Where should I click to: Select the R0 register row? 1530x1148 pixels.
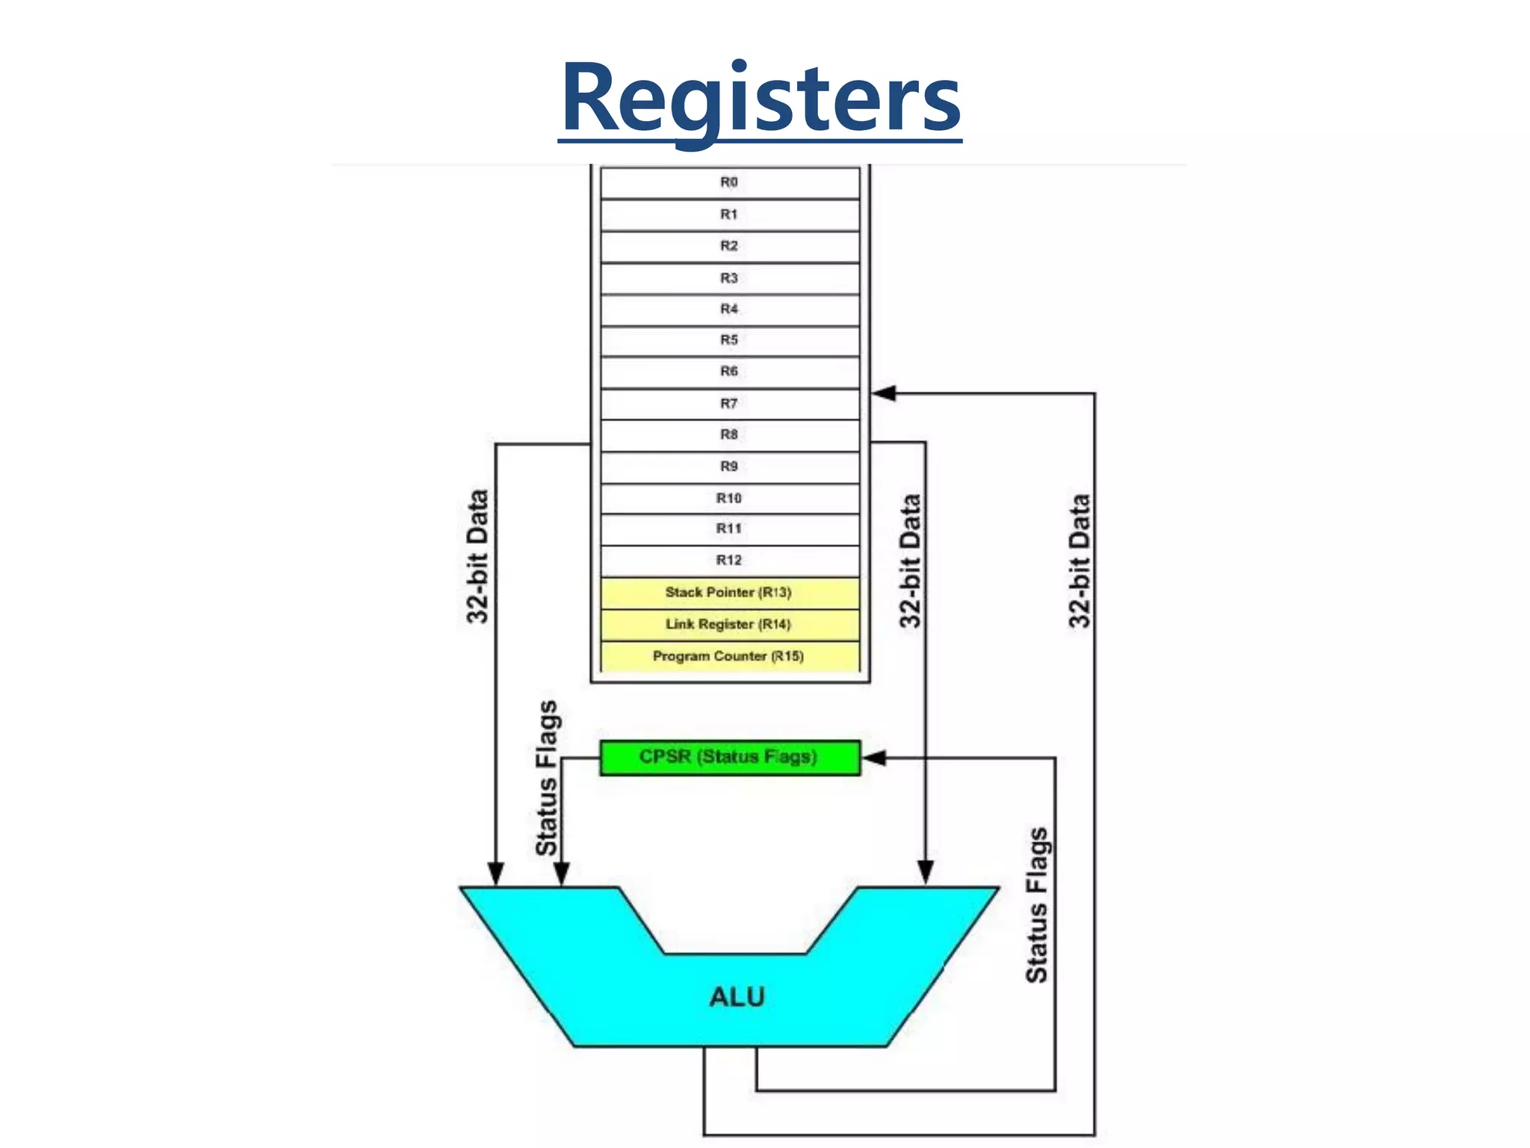[x=729, y=182]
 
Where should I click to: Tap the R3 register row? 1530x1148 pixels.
[x=729, y=278]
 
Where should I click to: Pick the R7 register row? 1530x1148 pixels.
[x=729, y=404]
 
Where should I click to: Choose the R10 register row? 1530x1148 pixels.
[x=729, y=498]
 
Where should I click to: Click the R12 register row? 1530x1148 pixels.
[x=729, y=560]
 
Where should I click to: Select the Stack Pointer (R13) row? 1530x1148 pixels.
[x=729, y=593]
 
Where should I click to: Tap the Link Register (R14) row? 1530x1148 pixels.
[x=729, y=624]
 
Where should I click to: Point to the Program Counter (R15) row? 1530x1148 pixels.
[x=729, y=656]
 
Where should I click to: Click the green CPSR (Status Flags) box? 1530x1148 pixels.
[x=729, y=757]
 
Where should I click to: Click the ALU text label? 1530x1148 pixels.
[x=737, y=996]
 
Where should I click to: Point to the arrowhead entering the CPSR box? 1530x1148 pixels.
[x=873, y=758]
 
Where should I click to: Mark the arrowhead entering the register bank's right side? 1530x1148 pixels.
[x=883, y=393]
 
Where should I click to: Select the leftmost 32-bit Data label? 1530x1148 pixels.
[x=477, y=556]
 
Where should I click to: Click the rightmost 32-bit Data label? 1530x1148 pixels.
[x=1080, y=561]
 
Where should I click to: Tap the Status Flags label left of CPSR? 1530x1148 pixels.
[x=546, y=777]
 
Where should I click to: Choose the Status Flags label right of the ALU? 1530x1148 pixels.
[x=1037, y=904]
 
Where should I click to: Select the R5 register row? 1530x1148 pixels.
[x=729, y=340]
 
